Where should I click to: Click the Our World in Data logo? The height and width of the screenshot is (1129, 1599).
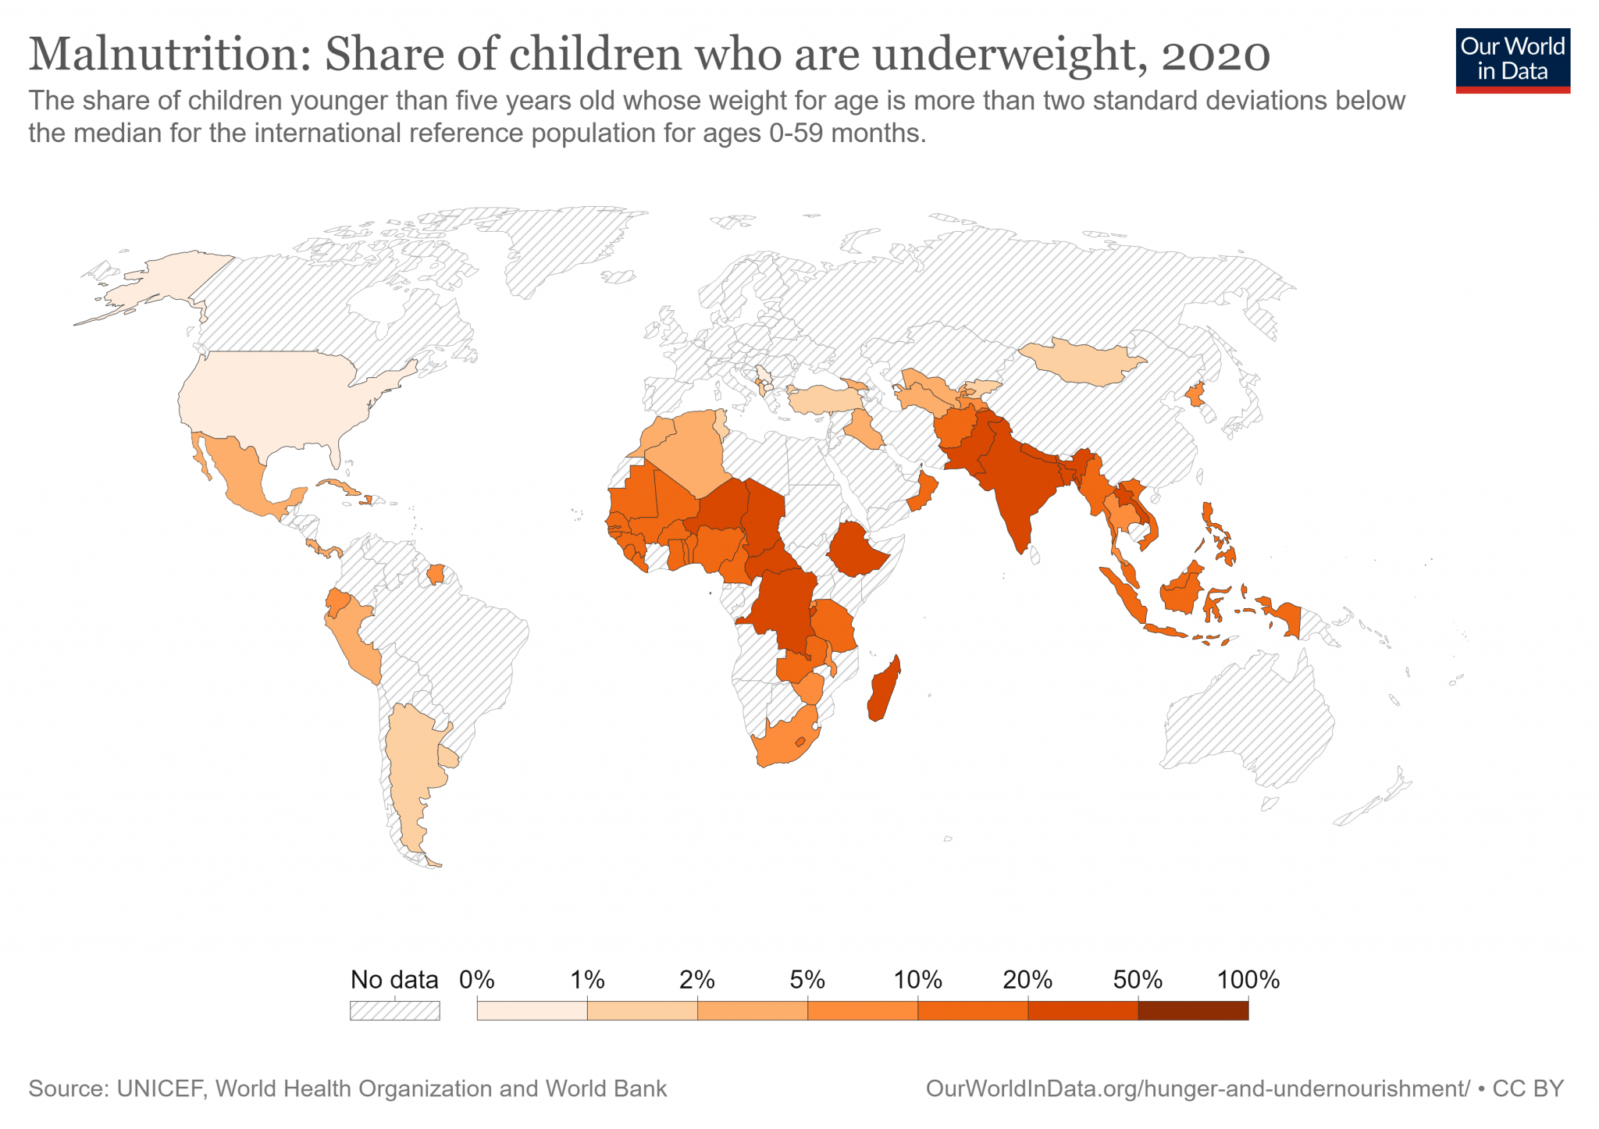[1512, 60]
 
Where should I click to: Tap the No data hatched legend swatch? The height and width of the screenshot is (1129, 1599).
[394, 1010]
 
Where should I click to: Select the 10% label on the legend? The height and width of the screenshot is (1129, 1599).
[917, 980]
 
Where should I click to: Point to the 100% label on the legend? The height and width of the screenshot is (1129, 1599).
[1248, 980]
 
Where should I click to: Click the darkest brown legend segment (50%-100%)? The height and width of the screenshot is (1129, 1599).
[1192, 1010]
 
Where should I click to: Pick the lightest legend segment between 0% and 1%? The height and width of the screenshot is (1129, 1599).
[532, 1010]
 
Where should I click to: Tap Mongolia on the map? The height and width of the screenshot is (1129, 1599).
[1081, 361]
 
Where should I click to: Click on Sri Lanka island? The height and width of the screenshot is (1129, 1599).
[1035, 555]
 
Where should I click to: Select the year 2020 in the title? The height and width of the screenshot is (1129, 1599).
[1215, 55]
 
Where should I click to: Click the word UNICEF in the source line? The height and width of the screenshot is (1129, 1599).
[160, 1088]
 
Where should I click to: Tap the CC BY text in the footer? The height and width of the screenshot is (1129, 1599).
[1528, 1088]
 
